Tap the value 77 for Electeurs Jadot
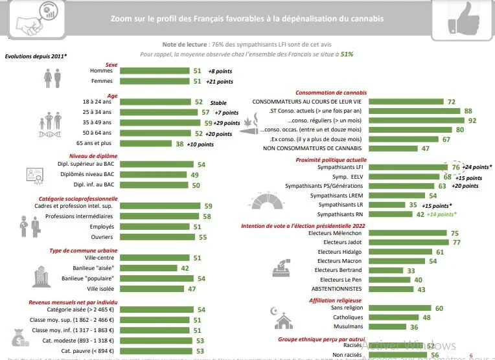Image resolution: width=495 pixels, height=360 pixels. (456, 242)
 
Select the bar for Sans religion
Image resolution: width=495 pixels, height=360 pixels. (395, 308)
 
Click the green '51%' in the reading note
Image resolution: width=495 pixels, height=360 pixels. (347, 54)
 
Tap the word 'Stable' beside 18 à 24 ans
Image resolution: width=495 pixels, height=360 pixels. (218, 102)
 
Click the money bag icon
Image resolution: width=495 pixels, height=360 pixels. (18, 338)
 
